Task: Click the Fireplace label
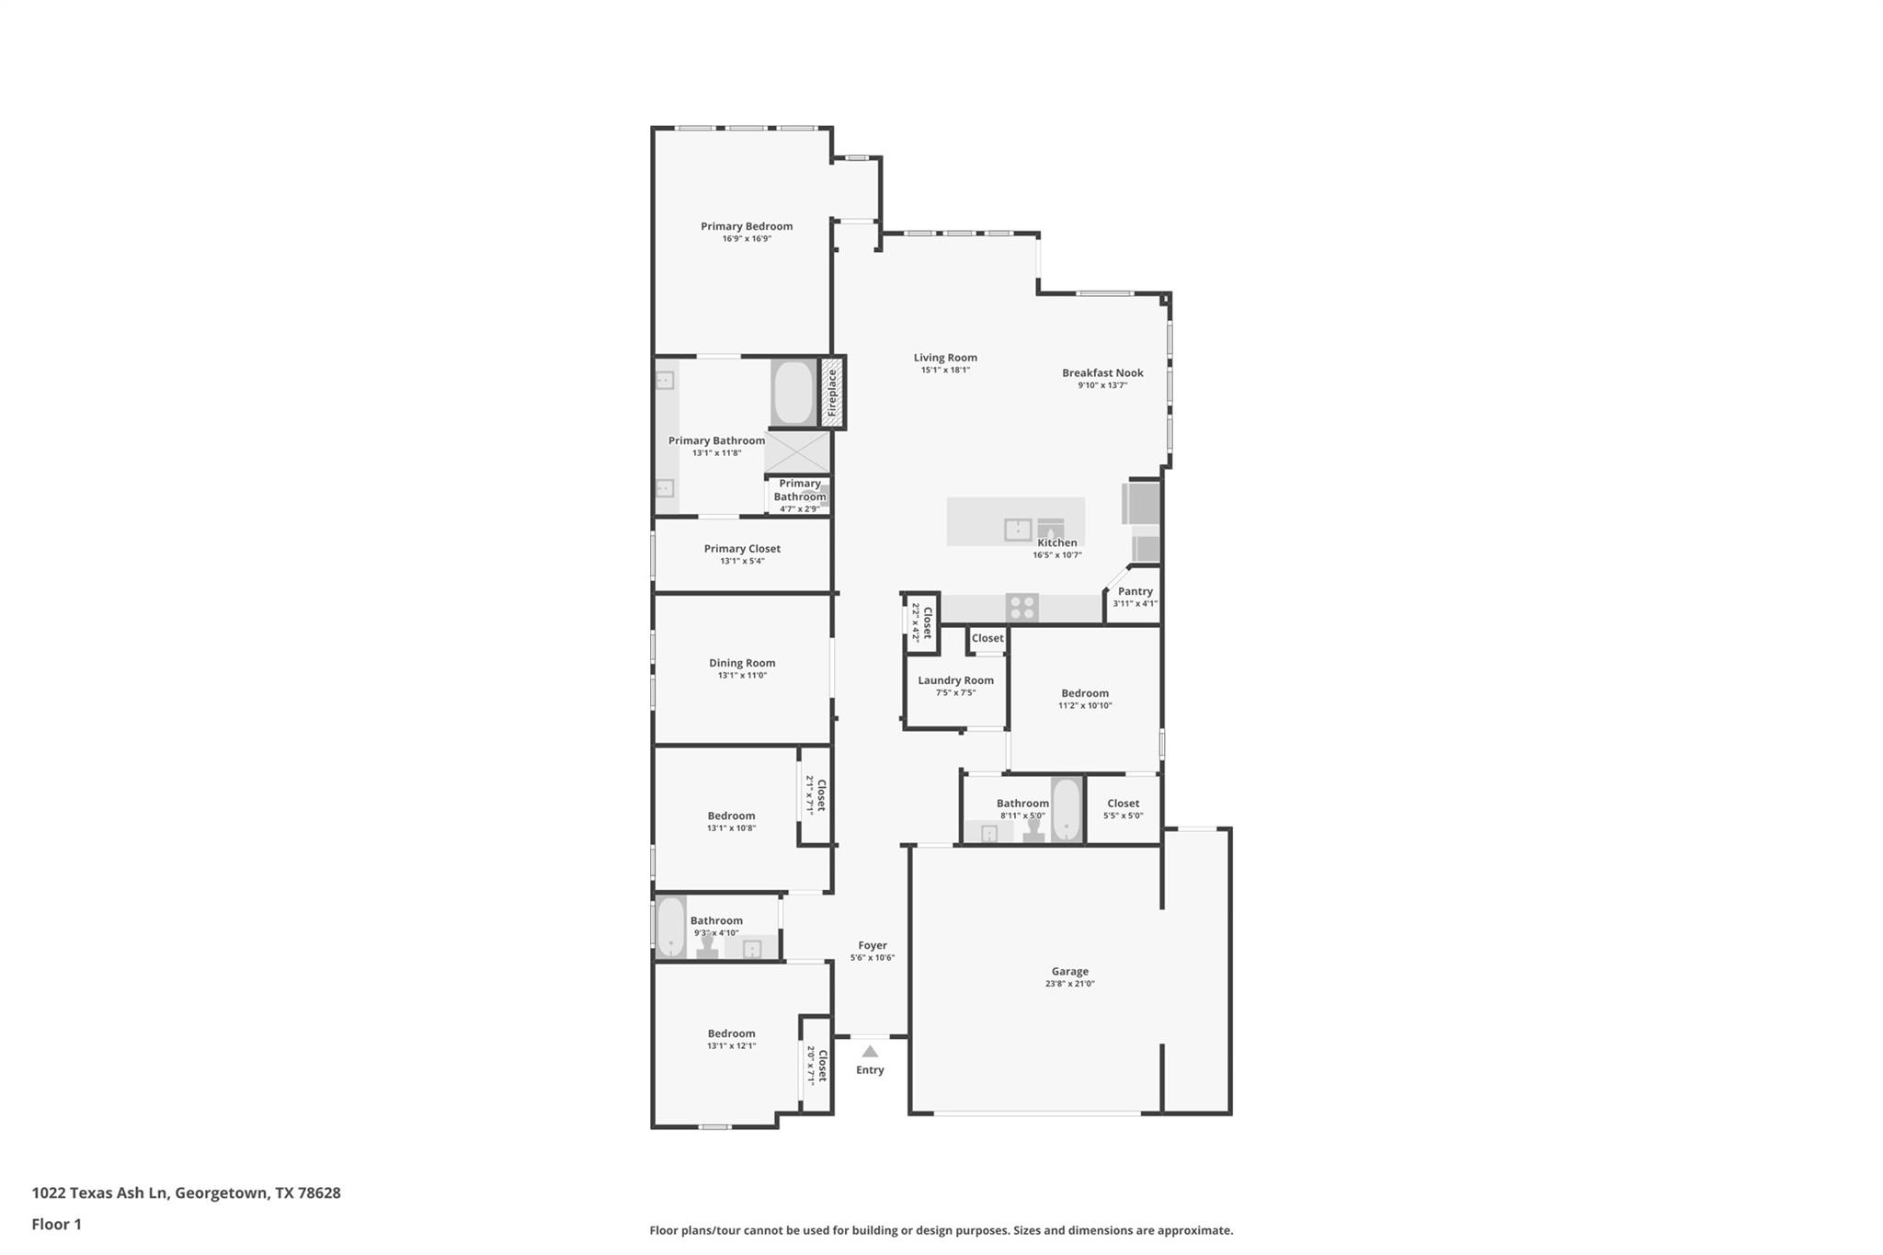[x=832, y=393]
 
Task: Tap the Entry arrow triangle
[x=870, y=1052]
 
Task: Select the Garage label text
[x=1069, y=971]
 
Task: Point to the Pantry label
[x=1135, y=591]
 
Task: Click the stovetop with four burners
[x=1021, y=608]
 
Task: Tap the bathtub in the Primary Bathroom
[x=793, y=393]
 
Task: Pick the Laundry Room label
[x=955, y=680]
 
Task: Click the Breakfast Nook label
[x=1102, y=372]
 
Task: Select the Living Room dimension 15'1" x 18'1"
[x=945, y=371]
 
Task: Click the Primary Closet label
[x=742, y=549]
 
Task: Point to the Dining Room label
[x=742, y=663]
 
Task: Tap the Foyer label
[x=873, y=945]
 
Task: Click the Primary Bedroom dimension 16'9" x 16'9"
[x=747, y=239]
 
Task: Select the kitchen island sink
[x=1018, y=530]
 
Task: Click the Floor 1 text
[x=56, y=1224]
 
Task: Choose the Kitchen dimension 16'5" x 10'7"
[x=1057, y=555]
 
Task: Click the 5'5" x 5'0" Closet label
[x=1123, y=804]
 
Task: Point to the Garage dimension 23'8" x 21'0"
[x=1069, y=984]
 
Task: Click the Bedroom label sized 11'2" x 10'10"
[x=1085, y=693]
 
